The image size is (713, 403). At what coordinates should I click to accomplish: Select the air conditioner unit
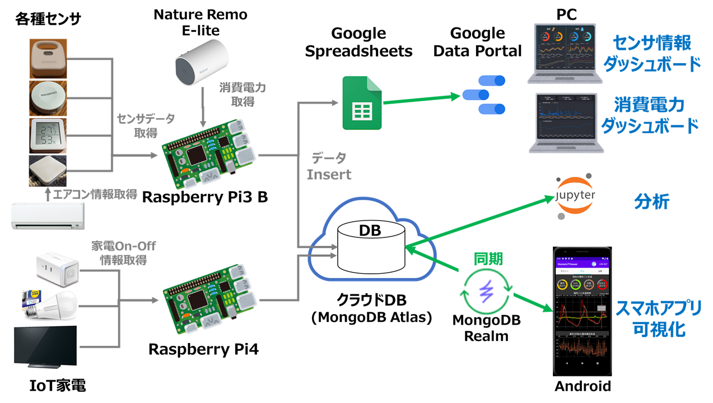click(x=48, y=216)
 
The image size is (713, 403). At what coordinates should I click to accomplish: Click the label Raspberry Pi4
click(x=204, y=349)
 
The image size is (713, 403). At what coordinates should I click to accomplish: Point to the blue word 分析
click(x=652, y=201)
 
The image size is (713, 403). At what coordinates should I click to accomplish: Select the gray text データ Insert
click(x=329, y=166)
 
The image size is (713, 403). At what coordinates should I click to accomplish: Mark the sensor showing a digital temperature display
click(x=48, y=134)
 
